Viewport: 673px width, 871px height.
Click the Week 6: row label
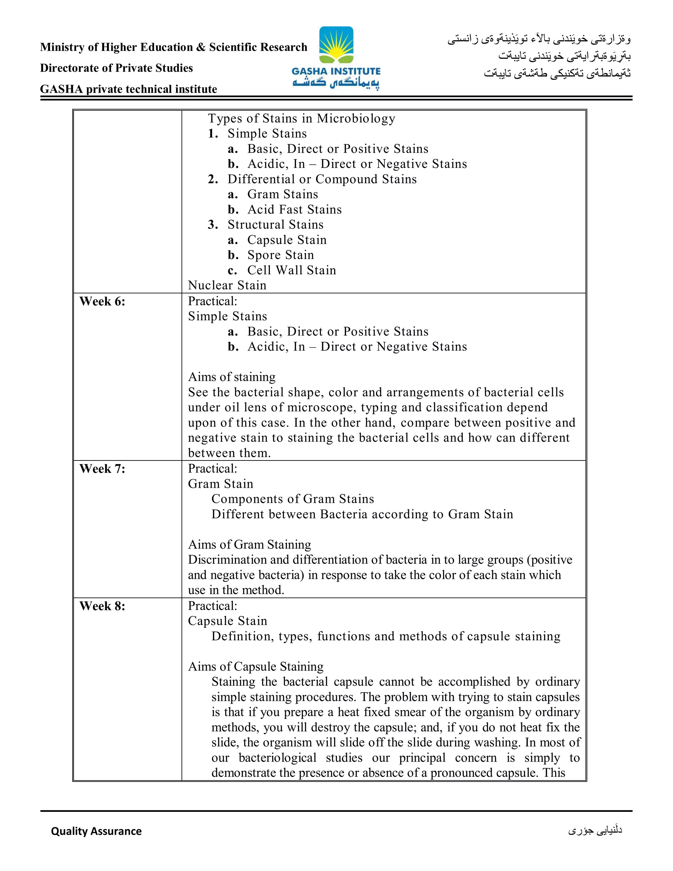(x=102, y=301)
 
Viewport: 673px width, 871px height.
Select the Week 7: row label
(x=102, y=469)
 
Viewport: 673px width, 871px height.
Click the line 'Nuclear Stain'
(x=227, y=285)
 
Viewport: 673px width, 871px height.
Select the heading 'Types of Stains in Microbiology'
(x=301, y=118)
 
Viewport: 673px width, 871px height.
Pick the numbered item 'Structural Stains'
(x=275, y=224)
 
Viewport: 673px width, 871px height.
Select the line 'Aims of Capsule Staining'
(x=256, y=667)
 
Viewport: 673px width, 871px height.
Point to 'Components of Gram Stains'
(x=293, y=499)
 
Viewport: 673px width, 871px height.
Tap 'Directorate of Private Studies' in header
(x=116, y=68)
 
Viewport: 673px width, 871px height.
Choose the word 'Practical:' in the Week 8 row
(x=213, y=606)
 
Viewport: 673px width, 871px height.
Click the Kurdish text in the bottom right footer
(x=595, y=830)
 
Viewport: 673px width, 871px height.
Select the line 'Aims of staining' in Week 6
(x=232, y=377)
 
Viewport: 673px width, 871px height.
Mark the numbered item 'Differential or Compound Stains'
(x=322, y=179)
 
